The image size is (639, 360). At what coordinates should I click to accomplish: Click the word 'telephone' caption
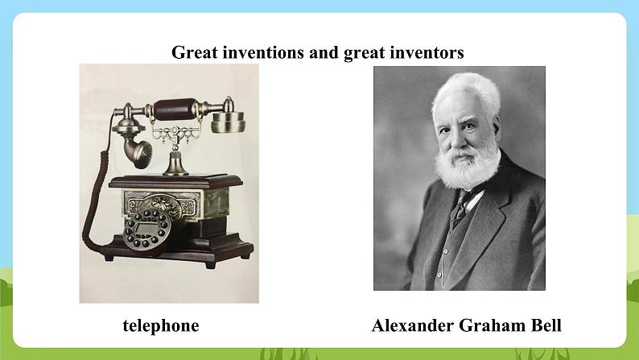161,325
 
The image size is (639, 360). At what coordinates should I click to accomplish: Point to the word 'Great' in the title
195,52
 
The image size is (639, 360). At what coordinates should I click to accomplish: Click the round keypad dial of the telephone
147,230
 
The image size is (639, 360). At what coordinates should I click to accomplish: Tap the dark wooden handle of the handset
175,110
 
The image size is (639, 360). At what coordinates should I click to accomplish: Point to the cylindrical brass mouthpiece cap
229,122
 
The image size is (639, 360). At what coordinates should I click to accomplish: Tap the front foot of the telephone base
210,265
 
